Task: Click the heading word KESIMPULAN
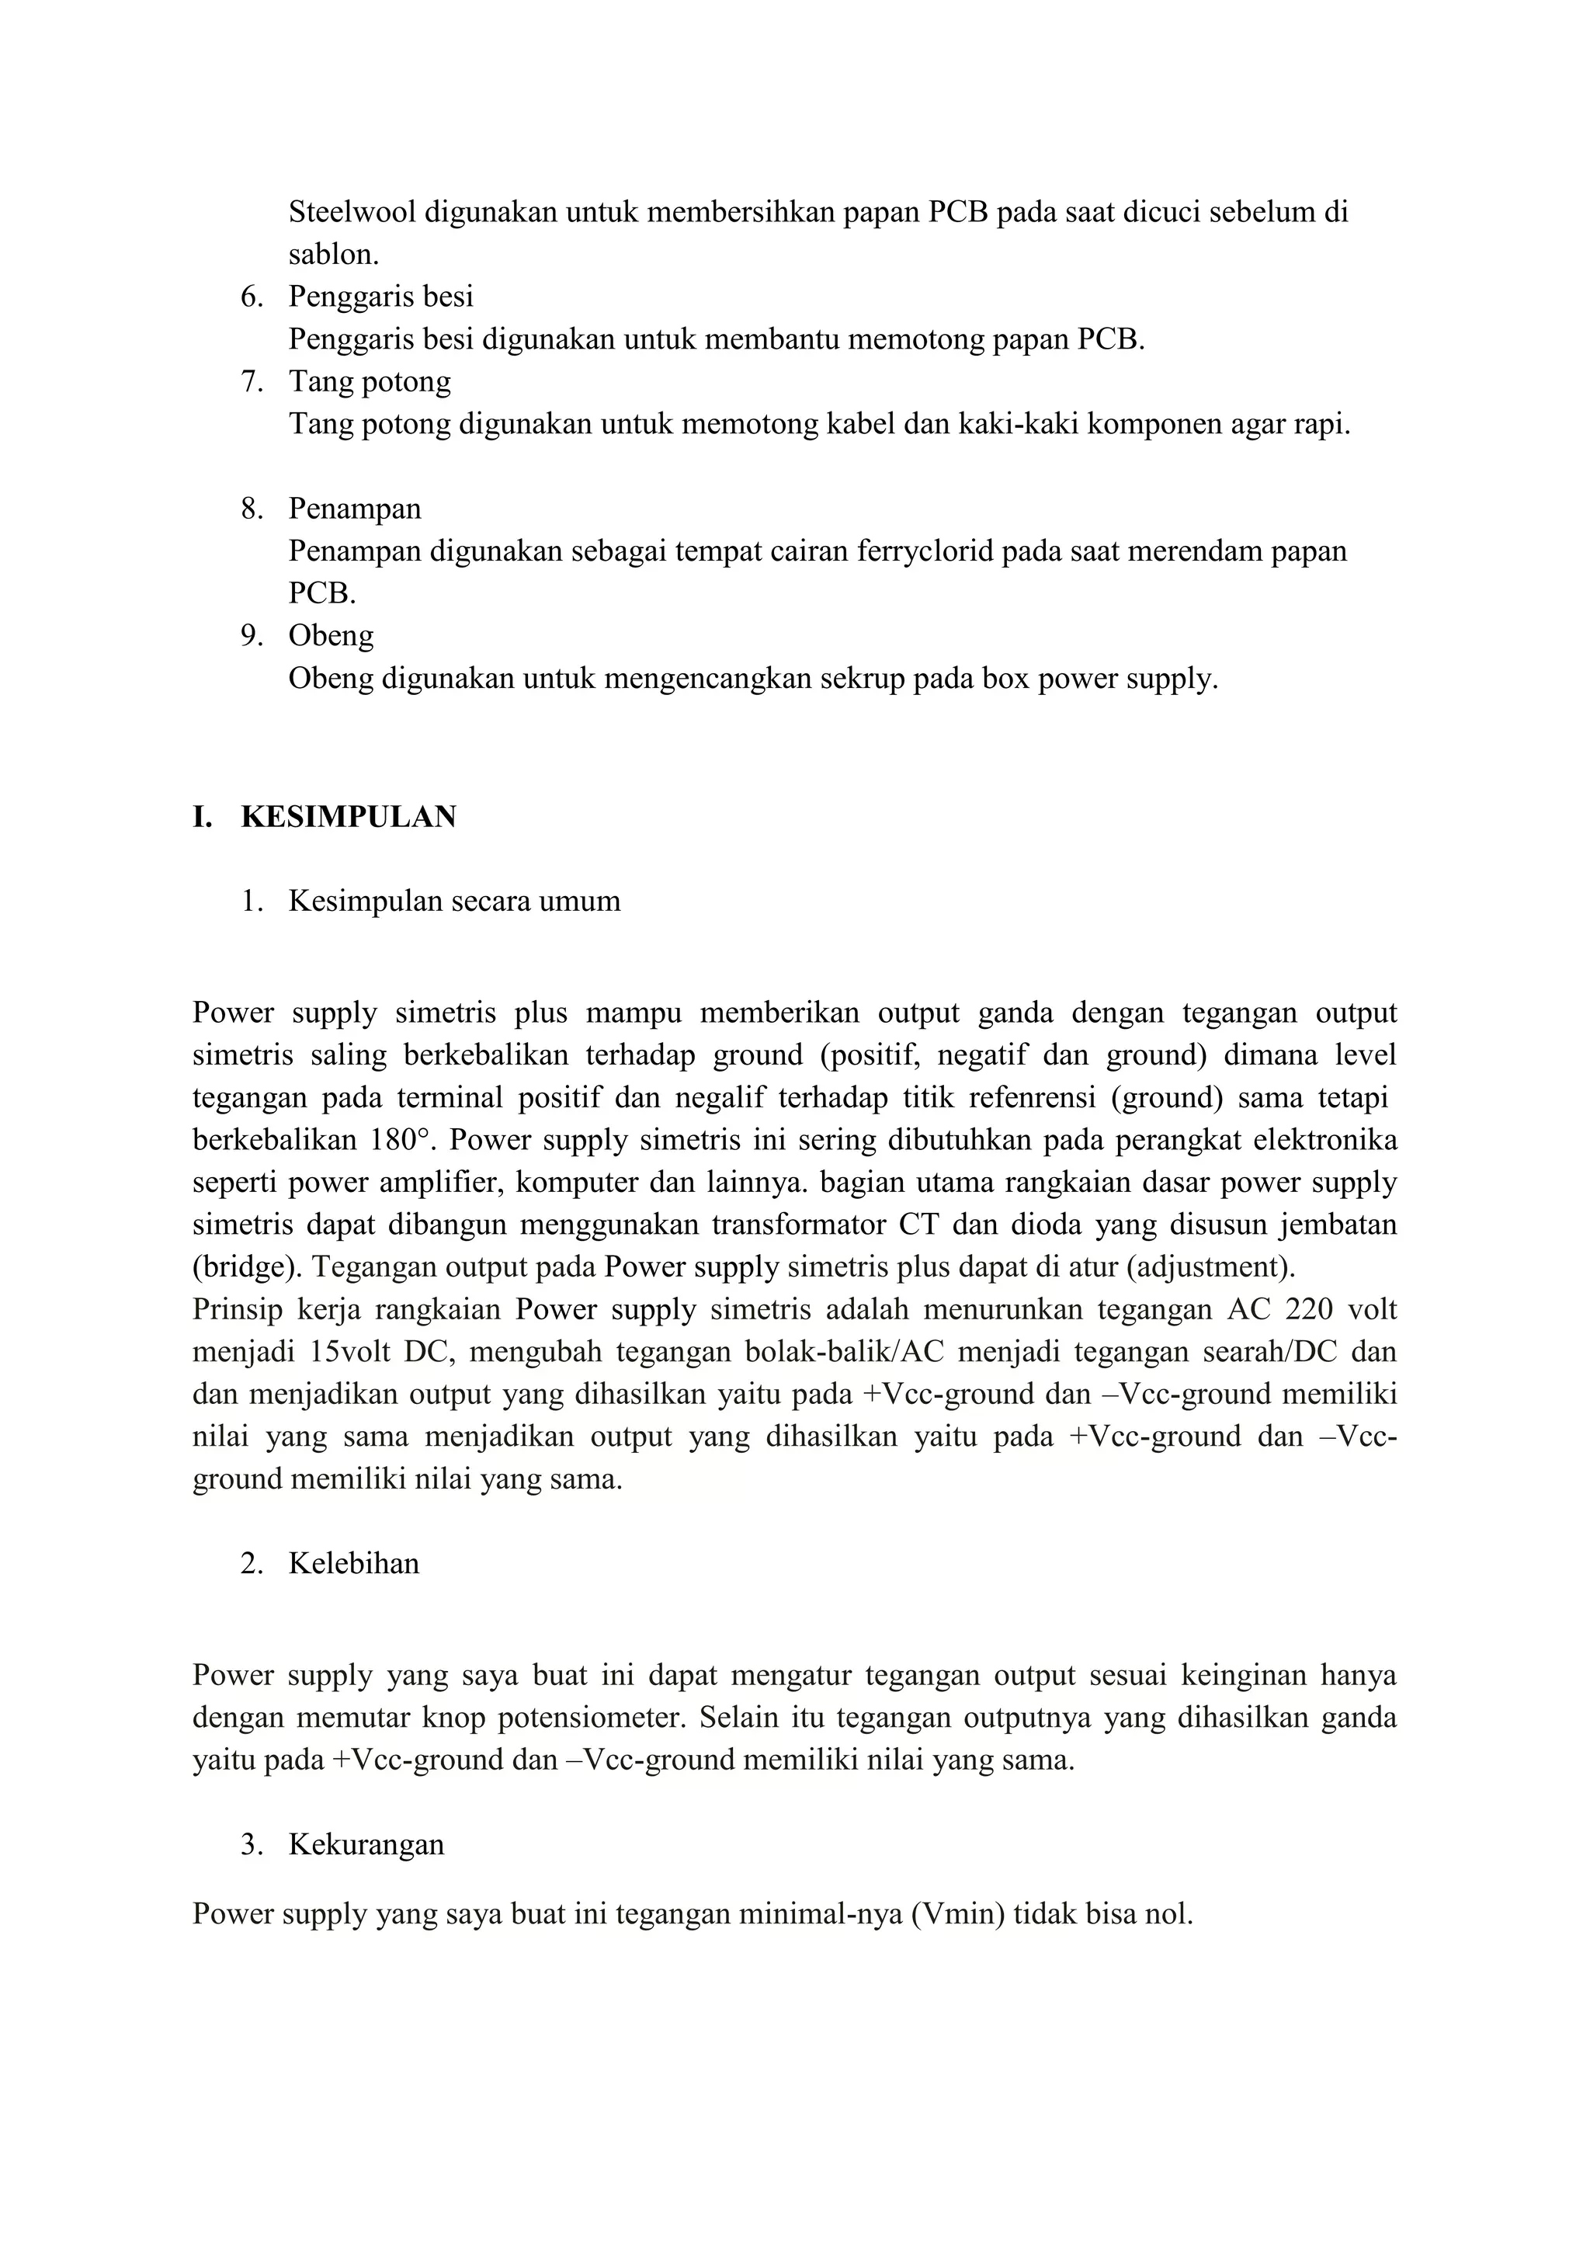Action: tap(349, 817)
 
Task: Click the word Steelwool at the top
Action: tap(352, 213)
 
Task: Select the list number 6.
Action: tap(252, 297)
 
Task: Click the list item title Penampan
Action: tap(355, 509)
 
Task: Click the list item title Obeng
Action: tap(331, 637)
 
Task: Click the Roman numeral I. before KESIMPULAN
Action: tap(202, 817)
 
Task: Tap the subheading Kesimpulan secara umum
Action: tap(454, 901)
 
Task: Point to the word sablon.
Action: tap(333, 255)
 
